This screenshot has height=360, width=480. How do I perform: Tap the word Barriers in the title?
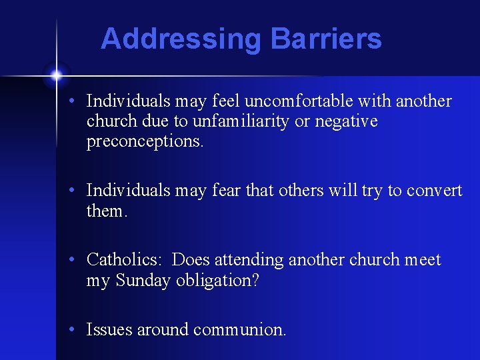pyautogui.click(x=326, y=39)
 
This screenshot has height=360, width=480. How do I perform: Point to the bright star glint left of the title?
pyautogui.click(x=57, y=75)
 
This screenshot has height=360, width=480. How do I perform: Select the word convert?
pyautogui.click(x=433, y=191)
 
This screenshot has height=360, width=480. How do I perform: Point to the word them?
pyautogui.click(x=106, y=211)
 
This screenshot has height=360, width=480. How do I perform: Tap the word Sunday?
pyautogui.click(x=144, y=281)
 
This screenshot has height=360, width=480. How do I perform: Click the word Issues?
pyautogui.click(x=109, y=329)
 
